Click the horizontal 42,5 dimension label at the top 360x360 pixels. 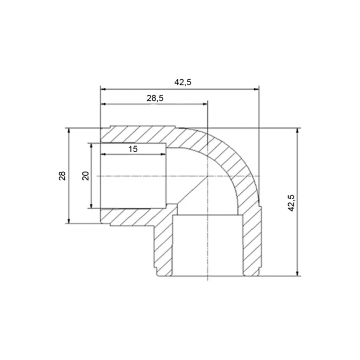pos(183,82)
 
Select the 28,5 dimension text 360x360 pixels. pos(155,98)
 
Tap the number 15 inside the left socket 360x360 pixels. pos(133,149)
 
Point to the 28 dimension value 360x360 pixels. pos(62,176)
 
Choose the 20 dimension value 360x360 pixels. pos(86,176)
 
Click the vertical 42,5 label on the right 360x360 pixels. pos(291,203)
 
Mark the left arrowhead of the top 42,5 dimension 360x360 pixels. pos(103,89)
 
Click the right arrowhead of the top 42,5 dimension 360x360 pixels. pos(256,89)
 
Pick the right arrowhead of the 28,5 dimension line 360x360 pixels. pos(205,104)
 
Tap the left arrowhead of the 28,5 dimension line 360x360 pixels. pos(103,104)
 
